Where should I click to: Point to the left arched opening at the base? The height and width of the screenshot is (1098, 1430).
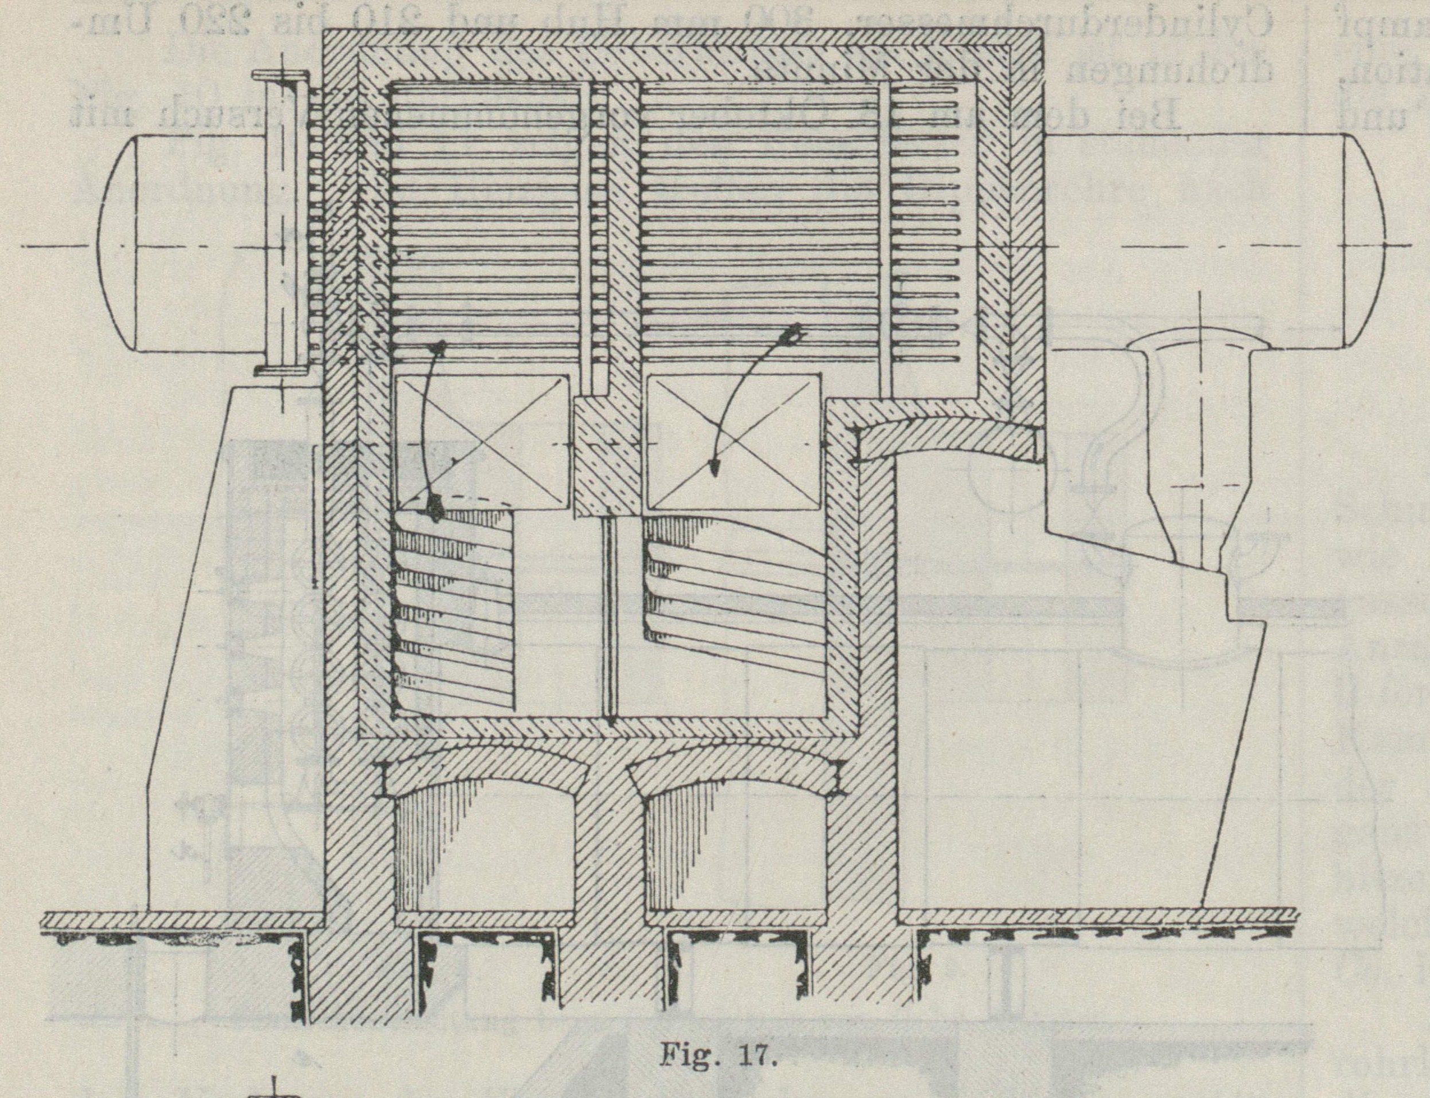tap(483, 850)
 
